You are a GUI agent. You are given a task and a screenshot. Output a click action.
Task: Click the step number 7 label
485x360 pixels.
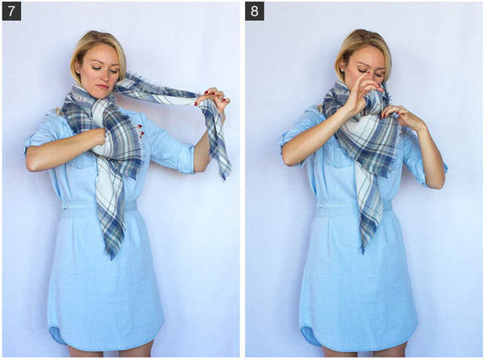click(11, 11)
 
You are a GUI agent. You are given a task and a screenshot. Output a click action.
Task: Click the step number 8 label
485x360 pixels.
click(255, 11)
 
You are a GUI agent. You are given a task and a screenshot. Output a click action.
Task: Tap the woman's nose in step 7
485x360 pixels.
click(103, 78)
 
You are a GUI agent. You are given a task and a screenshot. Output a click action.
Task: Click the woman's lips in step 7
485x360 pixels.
click(103, 87)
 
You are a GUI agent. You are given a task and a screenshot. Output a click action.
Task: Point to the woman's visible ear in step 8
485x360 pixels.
click(341, 68)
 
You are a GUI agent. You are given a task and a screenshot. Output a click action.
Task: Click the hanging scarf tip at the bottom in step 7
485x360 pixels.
click(112, 255)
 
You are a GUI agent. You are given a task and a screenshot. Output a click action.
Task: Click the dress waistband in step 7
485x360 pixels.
click(99, 207)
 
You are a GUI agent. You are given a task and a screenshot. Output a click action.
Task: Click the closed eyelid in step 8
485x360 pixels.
click(361, 71)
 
